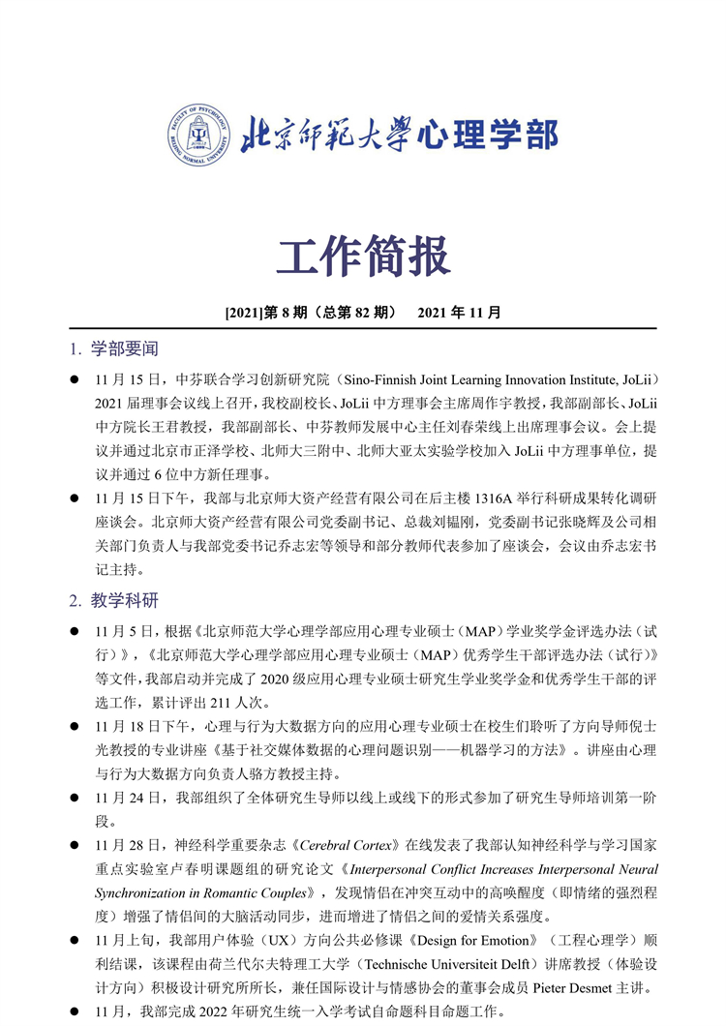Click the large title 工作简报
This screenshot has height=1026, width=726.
363,256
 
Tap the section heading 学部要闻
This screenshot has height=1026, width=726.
125,348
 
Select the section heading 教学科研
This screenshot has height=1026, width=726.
125,600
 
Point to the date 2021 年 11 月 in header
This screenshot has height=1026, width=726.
459,313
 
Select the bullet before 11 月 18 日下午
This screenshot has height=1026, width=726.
75,726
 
